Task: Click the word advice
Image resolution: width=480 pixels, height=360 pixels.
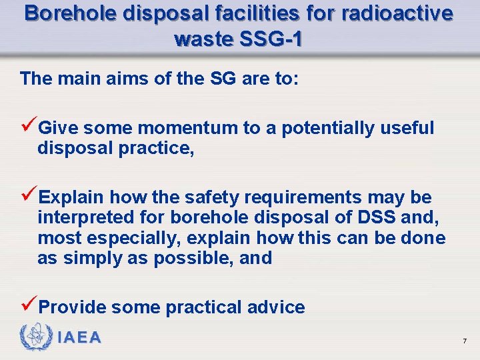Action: pos(275,307)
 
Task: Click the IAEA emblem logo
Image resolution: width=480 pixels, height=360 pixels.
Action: pos(35,338)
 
